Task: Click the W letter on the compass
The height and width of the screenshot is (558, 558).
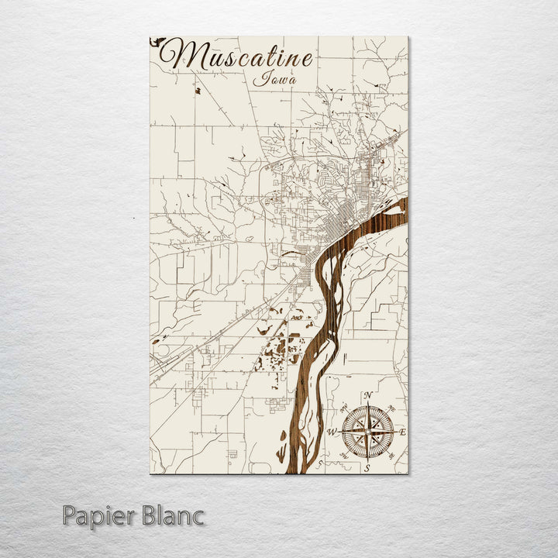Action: (332, 432)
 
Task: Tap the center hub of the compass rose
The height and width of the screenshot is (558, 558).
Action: (368, 432)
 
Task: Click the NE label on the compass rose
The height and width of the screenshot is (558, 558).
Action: (392, 408)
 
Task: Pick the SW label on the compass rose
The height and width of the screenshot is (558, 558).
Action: (344, 456)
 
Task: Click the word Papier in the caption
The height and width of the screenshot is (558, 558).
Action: (99, 515)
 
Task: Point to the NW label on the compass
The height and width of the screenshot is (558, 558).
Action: (343, 408)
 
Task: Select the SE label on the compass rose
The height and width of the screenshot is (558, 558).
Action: (393, 456)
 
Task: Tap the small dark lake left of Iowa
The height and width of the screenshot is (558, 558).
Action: (198, 90)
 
